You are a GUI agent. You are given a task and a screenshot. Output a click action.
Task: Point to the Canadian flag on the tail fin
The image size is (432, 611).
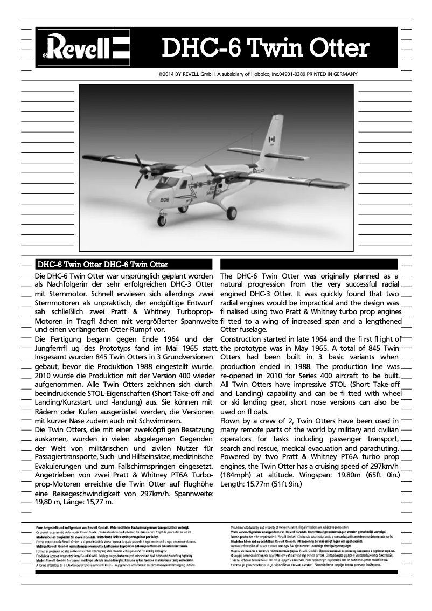click(271, 139)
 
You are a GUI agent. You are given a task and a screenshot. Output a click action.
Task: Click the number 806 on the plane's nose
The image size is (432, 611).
click(165, 199)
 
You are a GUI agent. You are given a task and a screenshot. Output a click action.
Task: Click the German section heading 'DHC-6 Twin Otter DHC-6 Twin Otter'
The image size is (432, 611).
click(102, 265)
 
